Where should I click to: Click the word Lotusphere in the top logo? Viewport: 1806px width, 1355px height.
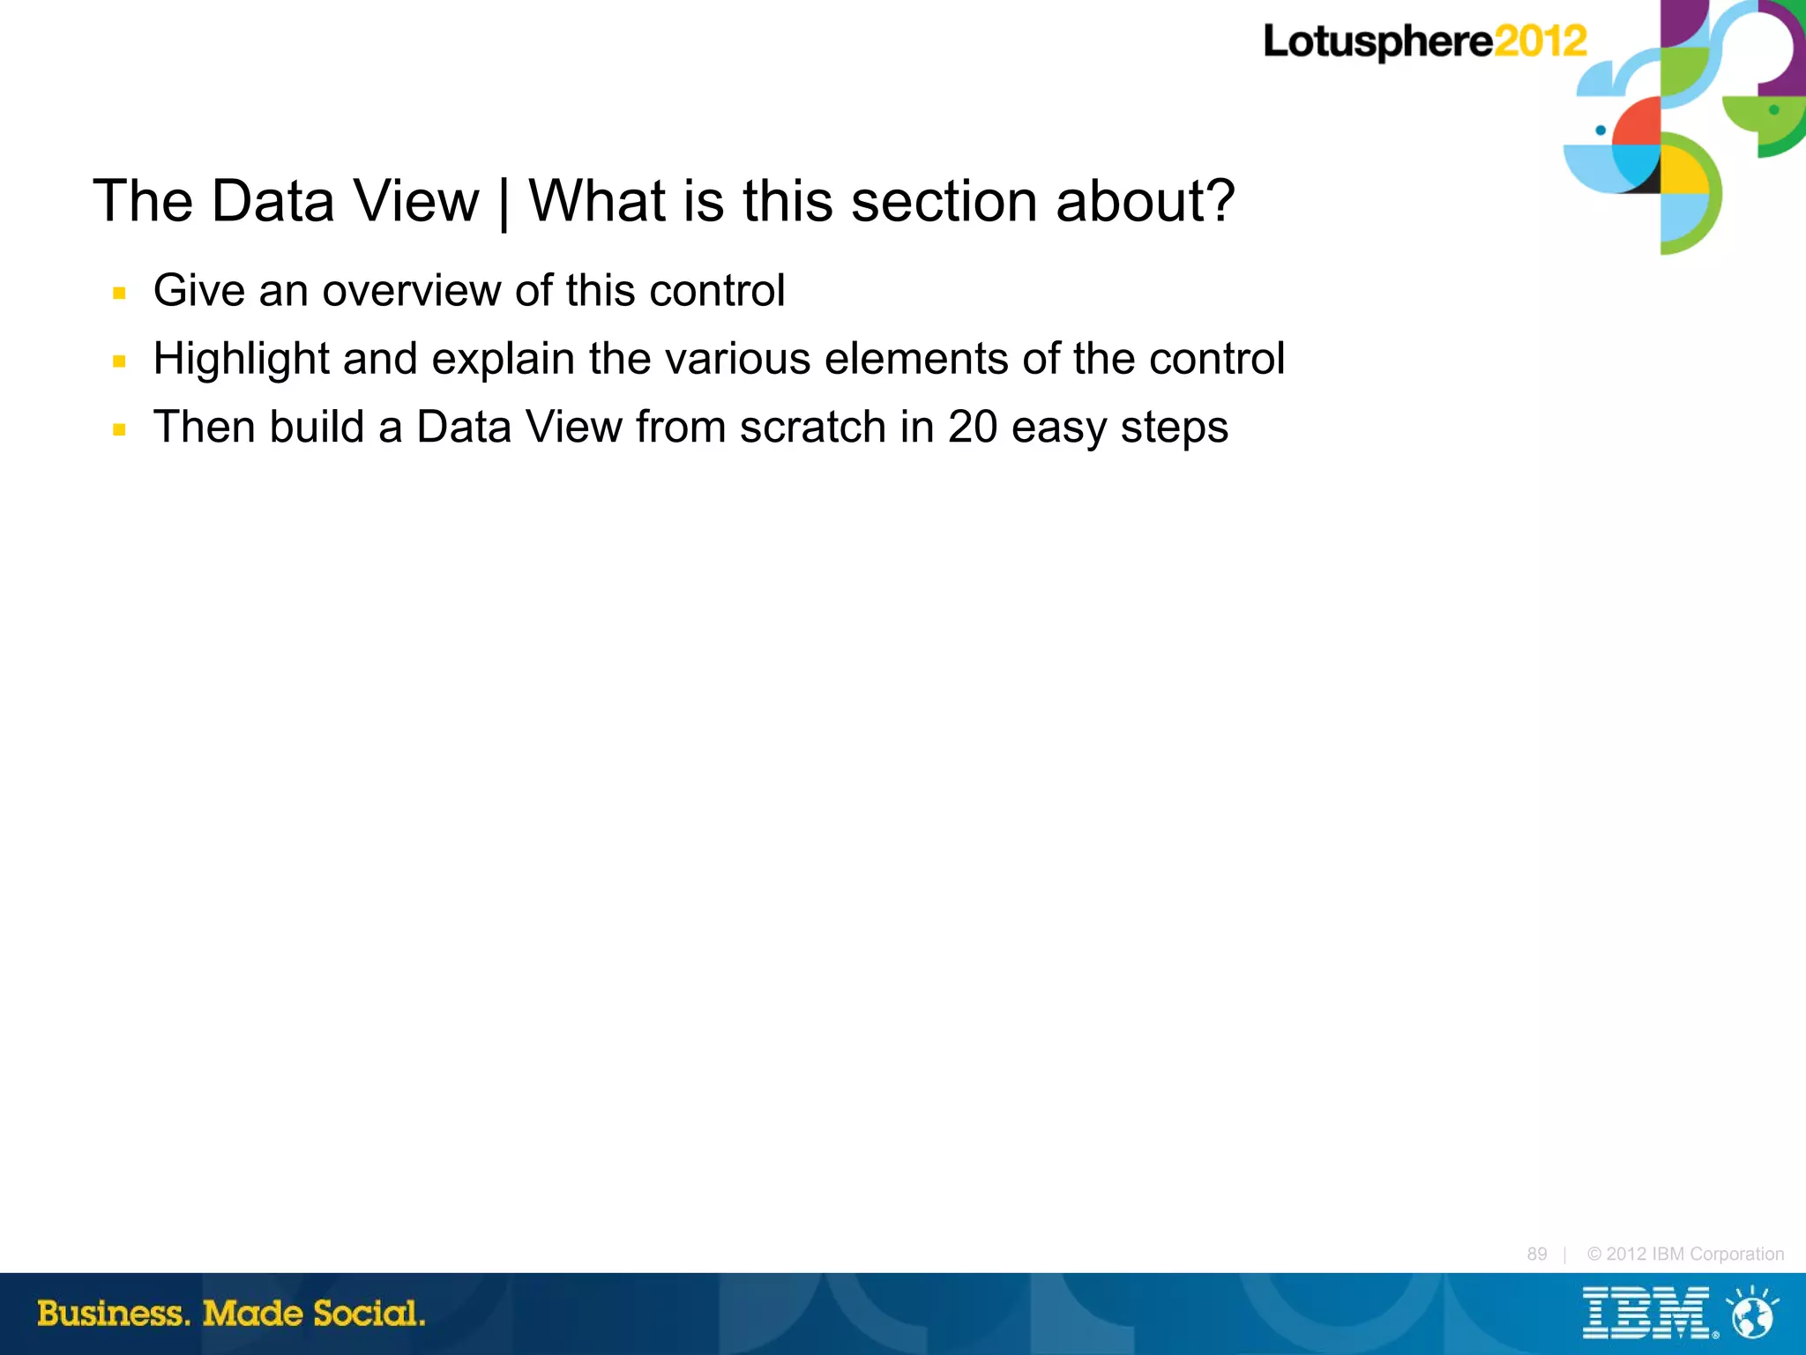pyautogui.click(x=1377, y=41)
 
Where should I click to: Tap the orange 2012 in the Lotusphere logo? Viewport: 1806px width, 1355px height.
pyautogui.click(x=1541, y=41)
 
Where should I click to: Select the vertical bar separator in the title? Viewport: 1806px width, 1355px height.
pyautogui.click(x=504, y=203)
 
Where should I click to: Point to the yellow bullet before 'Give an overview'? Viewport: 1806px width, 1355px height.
pyautogui.click(x=120, y=293)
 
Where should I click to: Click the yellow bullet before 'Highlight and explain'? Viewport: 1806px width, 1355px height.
pyautogui.click(x=120, y=361)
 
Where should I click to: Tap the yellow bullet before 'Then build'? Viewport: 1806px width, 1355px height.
pyautogui.click(x=120, y=429)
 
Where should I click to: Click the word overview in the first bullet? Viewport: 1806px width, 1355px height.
pyautogui.click(x=412, y=291)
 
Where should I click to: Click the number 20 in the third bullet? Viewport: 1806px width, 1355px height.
pyautogui.click(x=972, y=428)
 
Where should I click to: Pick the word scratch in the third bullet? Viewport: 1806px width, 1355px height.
pyautogui.click(x=813, y=428)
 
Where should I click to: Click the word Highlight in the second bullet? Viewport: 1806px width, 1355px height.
pyautogui.click(x=241, y=360)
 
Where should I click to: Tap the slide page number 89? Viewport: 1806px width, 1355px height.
pyautogui.click(x=1537, y=1254)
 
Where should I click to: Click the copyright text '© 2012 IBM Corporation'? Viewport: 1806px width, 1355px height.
pyautogui.click(x=1685, y=1254)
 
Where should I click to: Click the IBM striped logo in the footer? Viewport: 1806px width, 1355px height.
pyautogui.click(x=1646, y=1313)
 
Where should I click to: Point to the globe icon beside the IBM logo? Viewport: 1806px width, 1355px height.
pyautogui.click(x=1753, y=1314)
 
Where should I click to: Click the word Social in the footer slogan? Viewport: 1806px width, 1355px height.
pyautogui.click(x=369, y=1313)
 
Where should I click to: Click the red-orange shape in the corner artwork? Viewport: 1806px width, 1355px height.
pyautogui.click(x=1638, y=122)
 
